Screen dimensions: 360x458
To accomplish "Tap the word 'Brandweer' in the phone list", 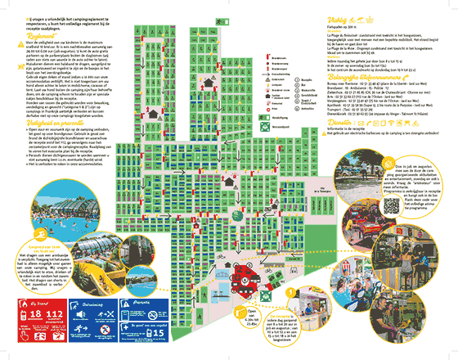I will click(x=345, y=111).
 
